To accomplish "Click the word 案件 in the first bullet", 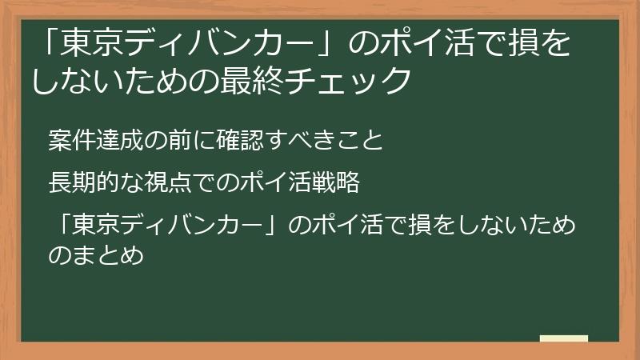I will coord(70,141).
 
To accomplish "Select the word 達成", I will coord(114,141).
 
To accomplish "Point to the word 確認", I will coord(227,141).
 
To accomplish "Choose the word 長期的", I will coord(81,184).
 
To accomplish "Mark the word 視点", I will coord(159,184).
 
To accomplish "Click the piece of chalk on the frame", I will coord(564,338).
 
